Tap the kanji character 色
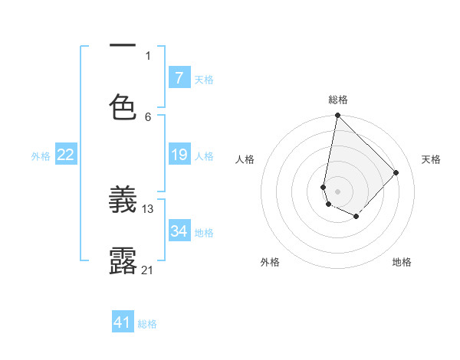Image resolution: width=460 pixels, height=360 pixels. pos(123,106)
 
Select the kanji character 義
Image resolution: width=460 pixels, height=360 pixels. pos(123,201)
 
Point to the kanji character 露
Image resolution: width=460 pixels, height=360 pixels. pos(123,261)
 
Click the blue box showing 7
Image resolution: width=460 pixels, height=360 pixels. pos(179,78)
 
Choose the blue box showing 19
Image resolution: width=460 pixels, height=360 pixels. pos(179,155)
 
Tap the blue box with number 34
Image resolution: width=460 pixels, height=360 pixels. pos(179,231)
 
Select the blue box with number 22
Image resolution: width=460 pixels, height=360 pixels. pos(66,155)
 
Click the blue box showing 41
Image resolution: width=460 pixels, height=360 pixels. pos(123,322)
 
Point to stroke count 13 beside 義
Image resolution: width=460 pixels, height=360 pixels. pos(148,208)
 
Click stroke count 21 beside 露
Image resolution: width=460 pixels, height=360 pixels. pos(148,270)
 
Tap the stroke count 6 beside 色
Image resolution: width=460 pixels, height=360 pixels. pos(148,117)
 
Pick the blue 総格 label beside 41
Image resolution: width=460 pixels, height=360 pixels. pos(147,324)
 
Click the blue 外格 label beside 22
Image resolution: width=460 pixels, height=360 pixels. pos(41,156)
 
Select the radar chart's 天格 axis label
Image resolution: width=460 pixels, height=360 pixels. pos(431,159)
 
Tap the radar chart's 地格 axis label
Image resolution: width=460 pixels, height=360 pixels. pos(402,262)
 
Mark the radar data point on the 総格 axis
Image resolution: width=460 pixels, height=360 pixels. pos(337,116)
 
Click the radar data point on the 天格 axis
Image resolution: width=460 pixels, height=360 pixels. pos(396,172)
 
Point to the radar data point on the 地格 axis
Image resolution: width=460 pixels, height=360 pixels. pos(356,217)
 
